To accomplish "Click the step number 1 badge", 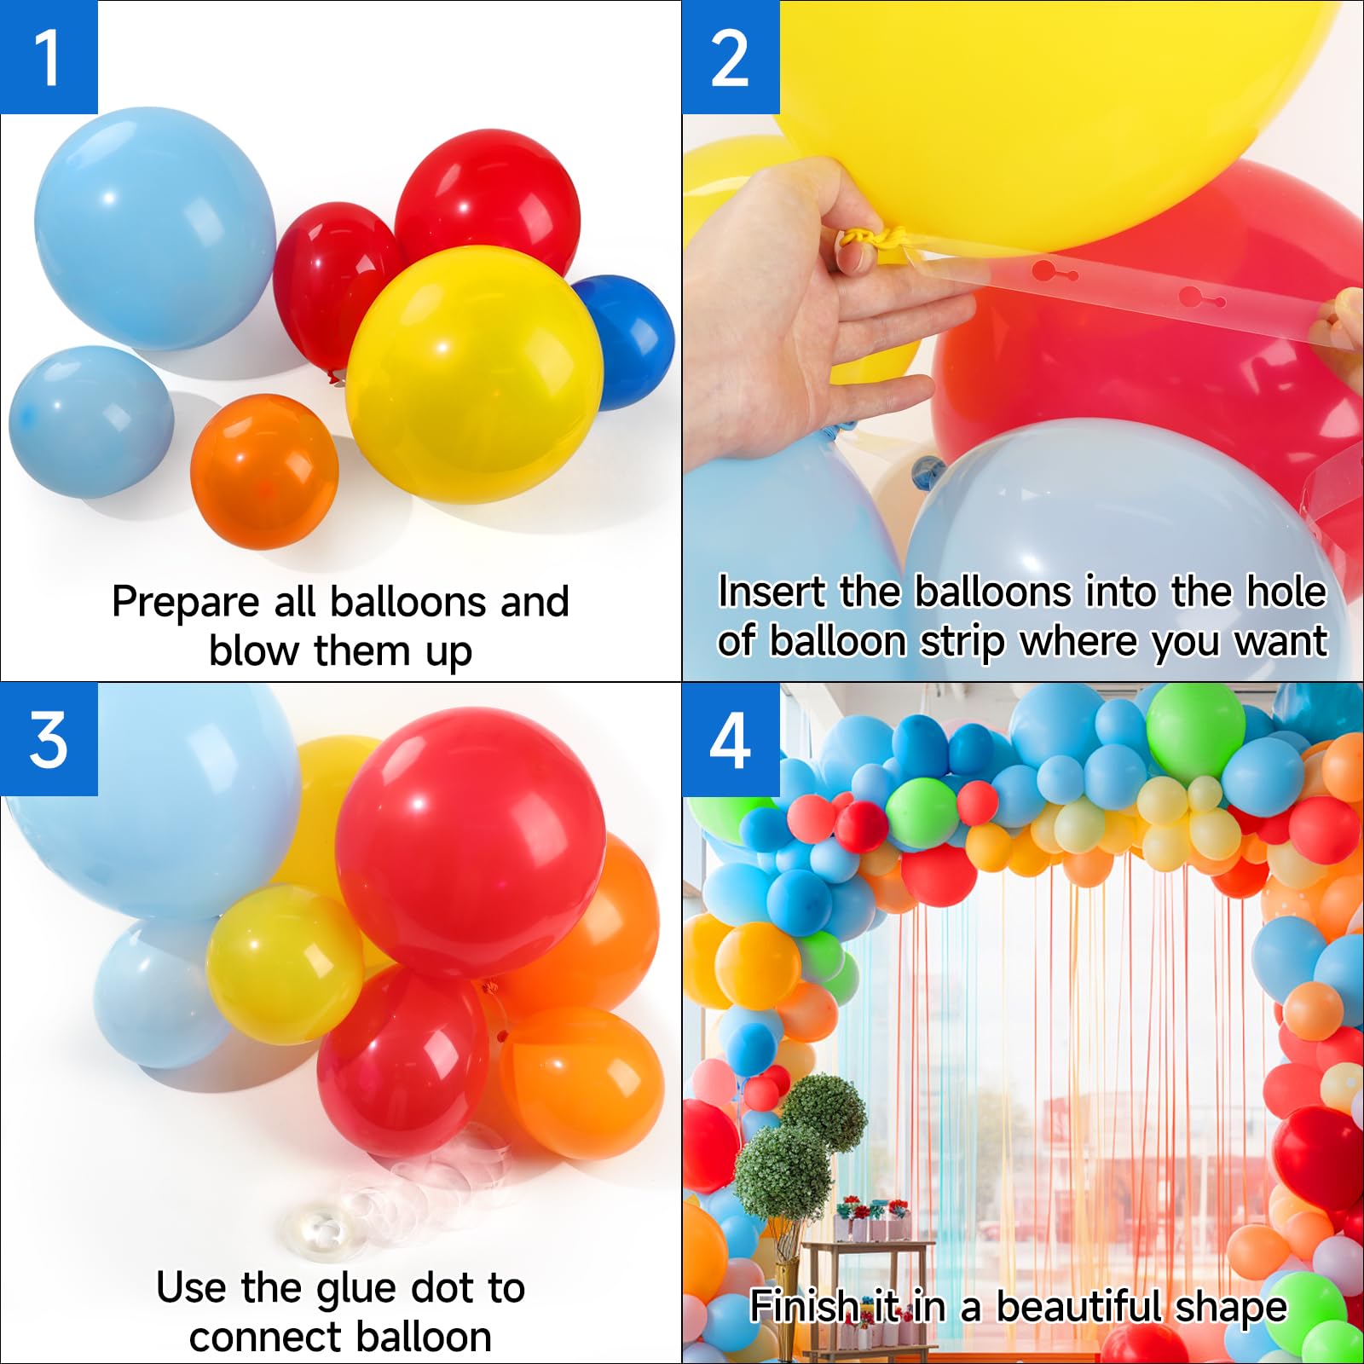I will click(49, 57).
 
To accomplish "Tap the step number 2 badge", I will click(731, 57).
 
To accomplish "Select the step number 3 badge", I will click(49, 739).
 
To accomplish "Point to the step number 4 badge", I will click(731, 739).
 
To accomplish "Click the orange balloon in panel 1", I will click(263, 471).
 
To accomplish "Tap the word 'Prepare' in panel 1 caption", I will click(185, 602).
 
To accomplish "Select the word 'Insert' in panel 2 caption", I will click(772, 592).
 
